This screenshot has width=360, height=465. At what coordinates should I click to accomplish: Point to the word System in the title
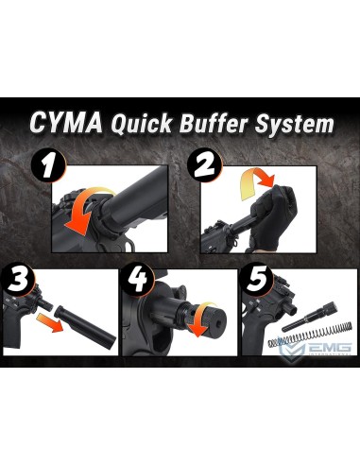coord(299,125)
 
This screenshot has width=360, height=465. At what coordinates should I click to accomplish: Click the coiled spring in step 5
coord(302,338)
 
